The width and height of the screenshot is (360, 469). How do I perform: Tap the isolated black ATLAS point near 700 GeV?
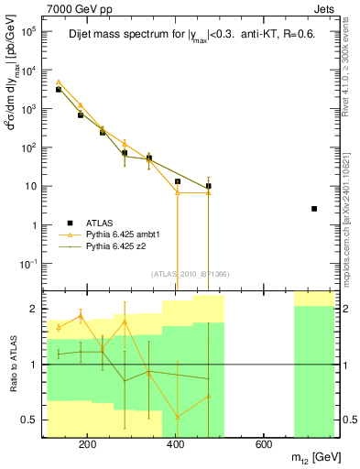tap(314, 209)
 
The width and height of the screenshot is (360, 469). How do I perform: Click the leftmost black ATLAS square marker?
tap(58, 90)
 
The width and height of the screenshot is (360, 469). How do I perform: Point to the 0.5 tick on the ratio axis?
tap(30, 420)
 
